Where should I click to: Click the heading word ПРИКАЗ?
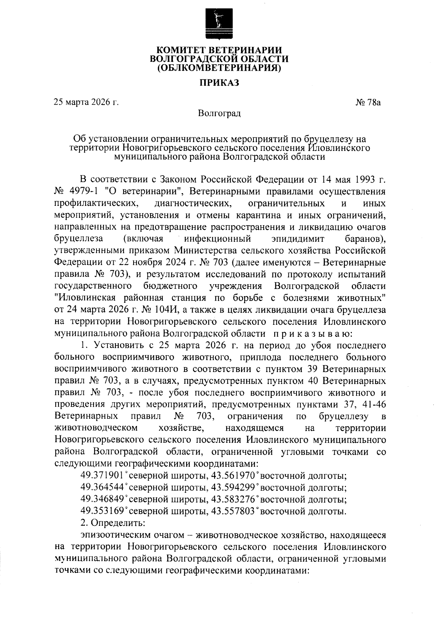point(219,83)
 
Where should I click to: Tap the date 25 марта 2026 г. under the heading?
point(86,102)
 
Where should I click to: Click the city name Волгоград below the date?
point(219,113)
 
